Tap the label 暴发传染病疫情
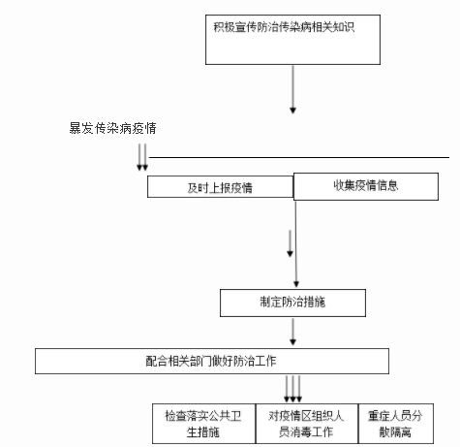click(x=112, y=128)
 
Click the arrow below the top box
click(x=292, y=89)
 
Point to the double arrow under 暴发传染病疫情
click(x=142, y=157)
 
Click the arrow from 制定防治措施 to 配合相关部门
click(x=292, y=332)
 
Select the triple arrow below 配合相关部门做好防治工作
click(x=292, y=389)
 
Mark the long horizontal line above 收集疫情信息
click(x=299, y=158)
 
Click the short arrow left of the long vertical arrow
click(x=290, y=243)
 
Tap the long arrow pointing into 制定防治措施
click(x=296, y=244)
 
